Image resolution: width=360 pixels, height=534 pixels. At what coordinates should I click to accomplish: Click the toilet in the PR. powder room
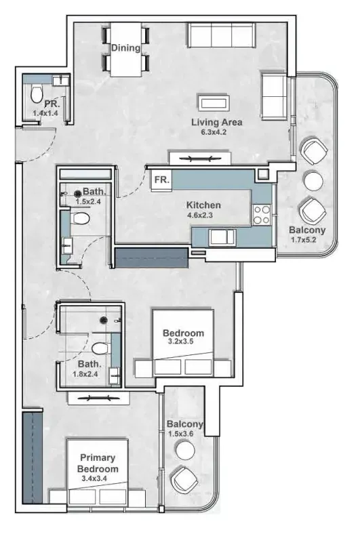[37, 93]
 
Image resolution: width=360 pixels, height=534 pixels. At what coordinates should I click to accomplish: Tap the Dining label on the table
[126, 47]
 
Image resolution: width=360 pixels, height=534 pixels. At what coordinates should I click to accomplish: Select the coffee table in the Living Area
[214, 103]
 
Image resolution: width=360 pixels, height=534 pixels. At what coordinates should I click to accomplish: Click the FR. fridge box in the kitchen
[162, 180]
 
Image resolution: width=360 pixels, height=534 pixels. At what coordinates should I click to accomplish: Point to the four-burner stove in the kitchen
[262, 215]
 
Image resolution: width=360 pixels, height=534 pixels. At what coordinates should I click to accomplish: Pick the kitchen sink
[222, 237]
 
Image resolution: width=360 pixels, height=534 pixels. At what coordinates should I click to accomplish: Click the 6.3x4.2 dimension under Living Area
[214, 132]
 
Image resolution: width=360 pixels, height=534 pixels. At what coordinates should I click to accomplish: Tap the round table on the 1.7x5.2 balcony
[313, 180]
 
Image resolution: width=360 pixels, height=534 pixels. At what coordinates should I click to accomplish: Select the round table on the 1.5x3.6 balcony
[185, 449]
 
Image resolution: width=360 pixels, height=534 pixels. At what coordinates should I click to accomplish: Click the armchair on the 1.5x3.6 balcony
[184, 479]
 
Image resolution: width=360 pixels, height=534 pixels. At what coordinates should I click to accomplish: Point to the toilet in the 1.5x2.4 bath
[81, 218]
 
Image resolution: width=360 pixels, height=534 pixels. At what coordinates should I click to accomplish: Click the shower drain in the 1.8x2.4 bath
[104, 320]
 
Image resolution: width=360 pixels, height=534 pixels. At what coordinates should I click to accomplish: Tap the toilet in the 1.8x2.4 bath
[101, 348]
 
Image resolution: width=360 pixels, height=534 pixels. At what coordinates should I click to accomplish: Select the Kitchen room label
[203, 205]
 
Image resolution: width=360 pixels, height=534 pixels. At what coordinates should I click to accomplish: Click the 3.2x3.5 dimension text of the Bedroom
[181, 342]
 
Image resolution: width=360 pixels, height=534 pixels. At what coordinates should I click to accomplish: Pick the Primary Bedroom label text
[98, 463]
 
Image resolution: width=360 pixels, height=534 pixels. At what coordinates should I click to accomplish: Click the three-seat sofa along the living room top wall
[222, 35]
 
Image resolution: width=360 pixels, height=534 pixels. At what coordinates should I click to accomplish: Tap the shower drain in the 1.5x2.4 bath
[78, 193]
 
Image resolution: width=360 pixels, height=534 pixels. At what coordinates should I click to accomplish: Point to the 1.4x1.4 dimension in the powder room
[45, 113]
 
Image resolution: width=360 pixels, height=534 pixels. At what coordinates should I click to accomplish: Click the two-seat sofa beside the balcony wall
[274, 96]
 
